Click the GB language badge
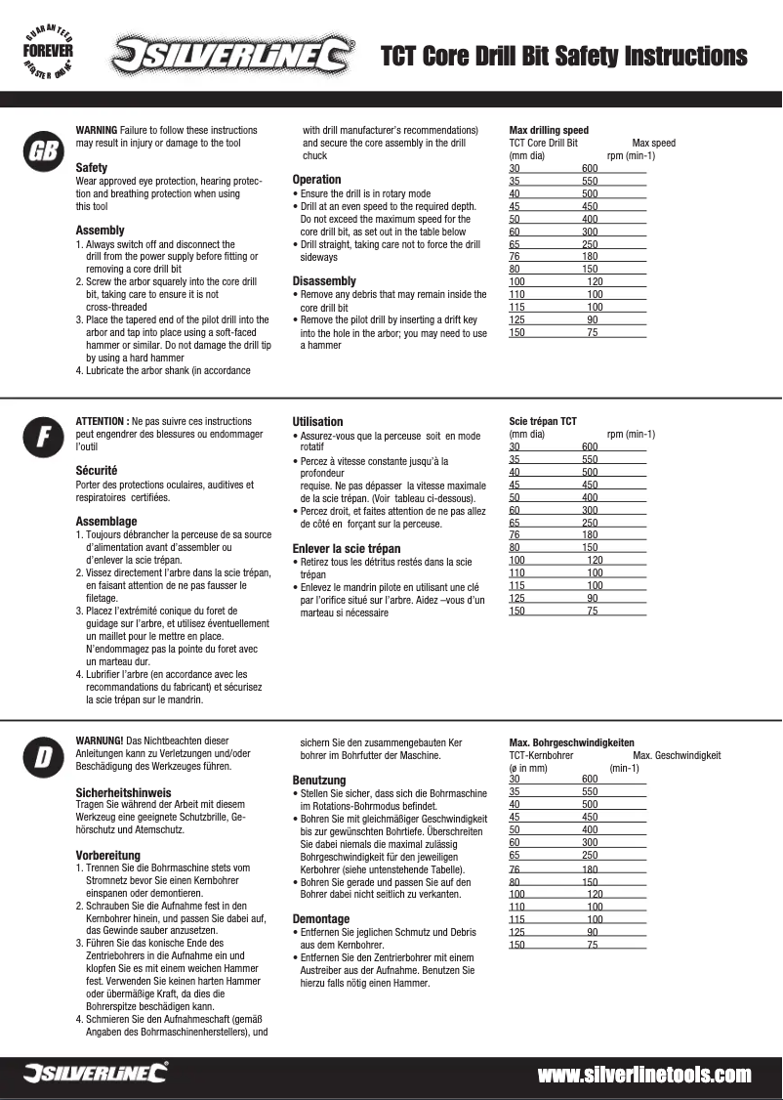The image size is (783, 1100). (x=41, y=150)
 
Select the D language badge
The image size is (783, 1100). (x=41, y=758)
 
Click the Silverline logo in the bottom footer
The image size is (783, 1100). (x=95, y=1075)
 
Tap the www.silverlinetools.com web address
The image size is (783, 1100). (x=644, y=1075)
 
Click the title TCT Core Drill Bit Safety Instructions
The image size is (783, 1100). (x=564, y=56)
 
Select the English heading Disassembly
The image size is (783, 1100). (x=324, y=281)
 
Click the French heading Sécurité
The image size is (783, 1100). (x=97, y=470)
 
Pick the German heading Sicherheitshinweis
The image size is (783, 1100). (x=124, y=791)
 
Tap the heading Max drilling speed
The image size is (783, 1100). (x=549, y=130)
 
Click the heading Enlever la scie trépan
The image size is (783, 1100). (x=347, y=548)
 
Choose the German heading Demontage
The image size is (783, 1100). (x=321, y=918)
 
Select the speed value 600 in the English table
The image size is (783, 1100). (x=590, y=168)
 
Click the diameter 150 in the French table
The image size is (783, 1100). (x=516, y=611)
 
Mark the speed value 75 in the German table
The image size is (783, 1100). (x=593, y=945)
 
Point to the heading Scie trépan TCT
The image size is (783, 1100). (x=543, y=421)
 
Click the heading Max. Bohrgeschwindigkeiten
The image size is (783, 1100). (x=572, y=742)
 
